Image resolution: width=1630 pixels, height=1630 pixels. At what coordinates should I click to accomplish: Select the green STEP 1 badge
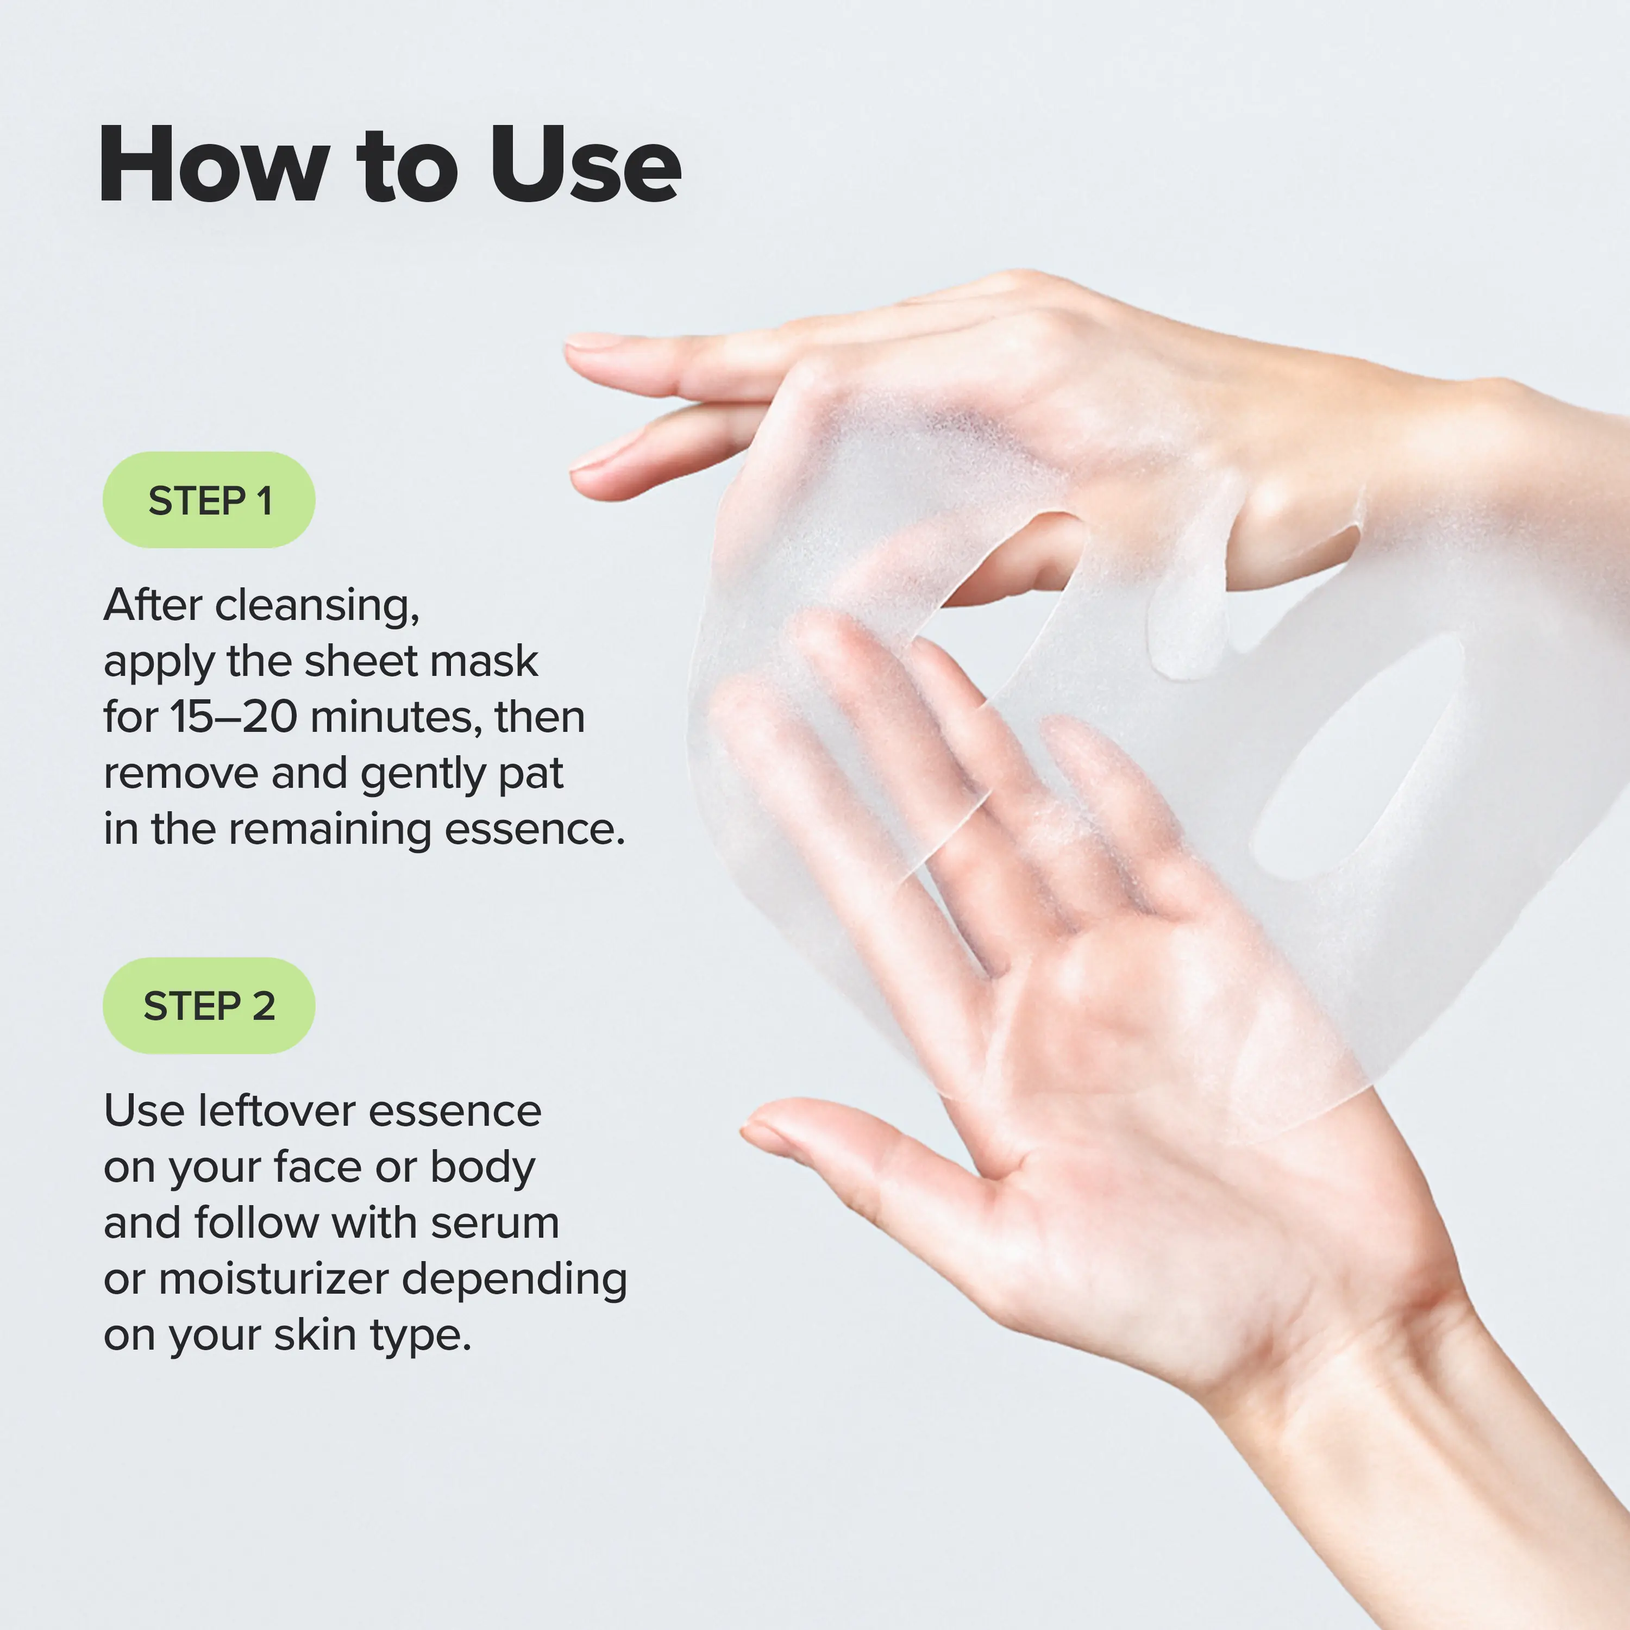pos(209,500)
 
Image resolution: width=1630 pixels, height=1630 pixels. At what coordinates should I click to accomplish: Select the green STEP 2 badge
pos(209,1006)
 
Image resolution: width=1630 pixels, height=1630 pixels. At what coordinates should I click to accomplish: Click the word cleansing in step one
pos(316,606)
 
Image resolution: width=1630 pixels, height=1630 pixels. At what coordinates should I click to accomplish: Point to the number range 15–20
pos(234,717)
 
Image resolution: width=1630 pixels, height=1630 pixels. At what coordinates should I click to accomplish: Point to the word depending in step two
pos(514,1281)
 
